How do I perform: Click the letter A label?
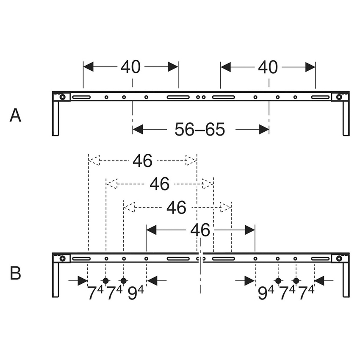(15, 115)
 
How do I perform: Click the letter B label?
(15, 273)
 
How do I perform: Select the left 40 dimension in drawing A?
(130, 67)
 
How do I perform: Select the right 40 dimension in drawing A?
(268, 67)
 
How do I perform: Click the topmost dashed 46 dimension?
(142, 160)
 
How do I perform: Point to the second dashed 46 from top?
(160, 184)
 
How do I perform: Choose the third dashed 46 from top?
(177, 208)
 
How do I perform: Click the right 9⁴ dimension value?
(266, 294)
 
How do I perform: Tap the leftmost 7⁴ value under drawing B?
(95, 294)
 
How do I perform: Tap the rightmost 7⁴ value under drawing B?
(306, 294)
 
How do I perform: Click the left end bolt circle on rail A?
(62, 97)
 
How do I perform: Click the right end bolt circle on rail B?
(339, 258)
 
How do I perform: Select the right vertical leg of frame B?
(346, 280)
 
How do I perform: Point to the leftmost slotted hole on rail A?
(81, 97)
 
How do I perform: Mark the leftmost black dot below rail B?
(106, 281)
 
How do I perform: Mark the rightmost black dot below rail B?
(296, 281)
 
